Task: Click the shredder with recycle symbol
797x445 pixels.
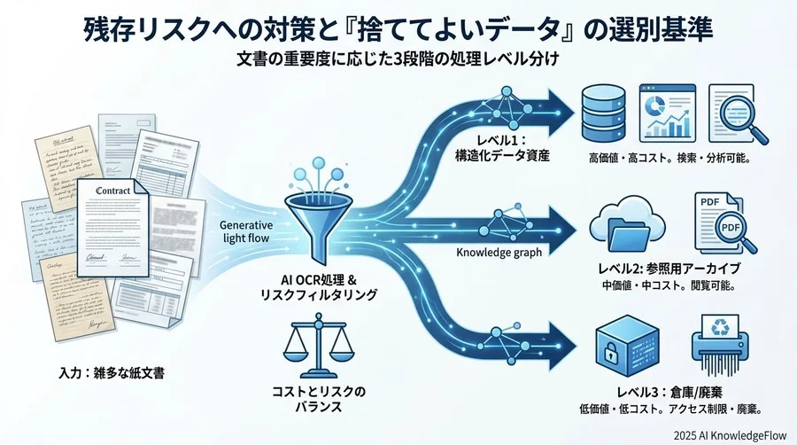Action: click(719, 346)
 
